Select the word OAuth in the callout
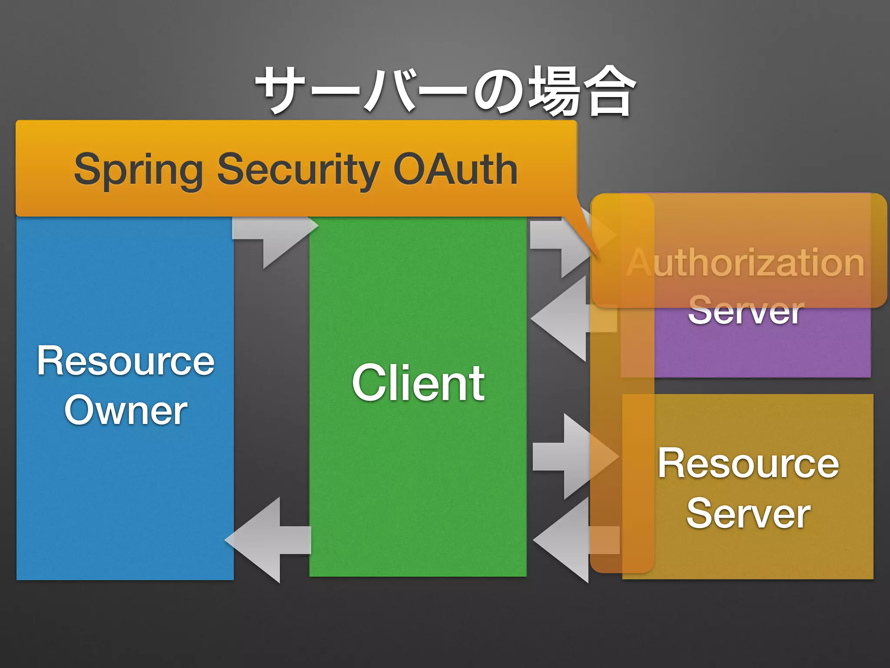(x=455, y=170)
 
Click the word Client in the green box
(x=418, y=383)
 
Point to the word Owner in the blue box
(x=126, y=411)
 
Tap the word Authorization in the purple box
(x=746, y=263)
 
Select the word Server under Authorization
(x=746, y=311)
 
